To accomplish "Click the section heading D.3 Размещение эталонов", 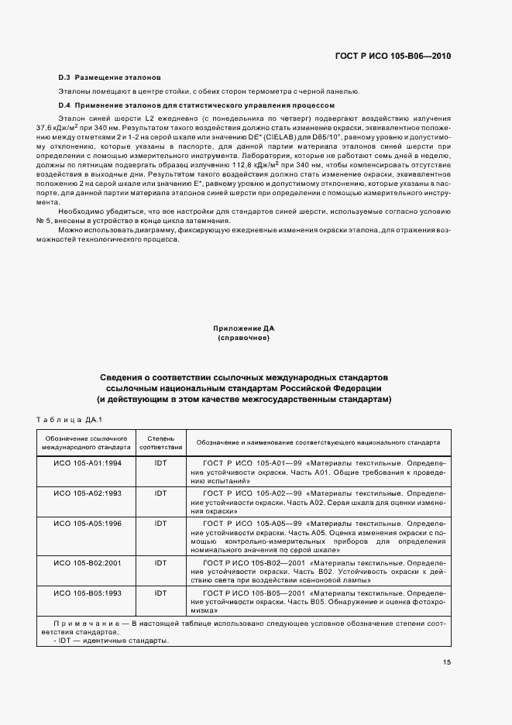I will click(x=110, y=78).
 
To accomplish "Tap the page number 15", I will click(x=447, y=661).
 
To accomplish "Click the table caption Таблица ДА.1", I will click(x=69, y=420).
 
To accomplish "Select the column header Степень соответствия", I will click(x=160, y=442).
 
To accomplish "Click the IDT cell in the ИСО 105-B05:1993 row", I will click(x=160, y=593).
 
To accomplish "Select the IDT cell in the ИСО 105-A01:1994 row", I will click(x=160, y=462).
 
